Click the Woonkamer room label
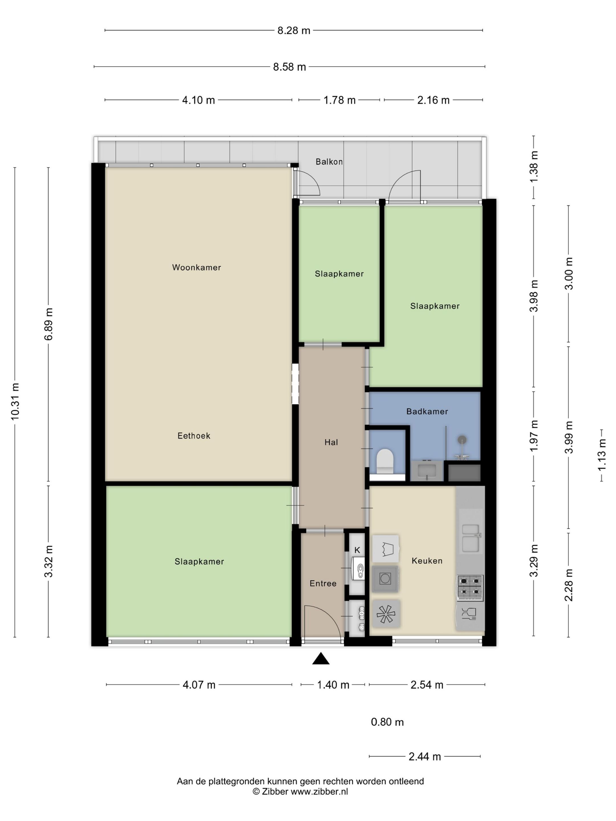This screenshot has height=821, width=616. [x=196, y=267]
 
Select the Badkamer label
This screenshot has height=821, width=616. [x=427, y=411]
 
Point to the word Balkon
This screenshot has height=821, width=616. [x=329, y=161]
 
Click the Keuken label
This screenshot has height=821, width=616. [x=427, y=560]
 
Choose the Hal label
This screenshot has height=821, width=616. [x=331, y=442]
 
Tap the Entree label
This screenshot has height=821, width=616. [x=323, y=584]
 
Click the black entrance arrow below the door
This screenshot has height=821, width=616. [x=321, y=659]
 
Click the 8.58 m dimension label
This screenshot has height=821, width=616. [x=290, y=67]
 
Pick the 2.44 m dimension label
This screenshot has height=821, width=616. [x=425, y=756]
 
